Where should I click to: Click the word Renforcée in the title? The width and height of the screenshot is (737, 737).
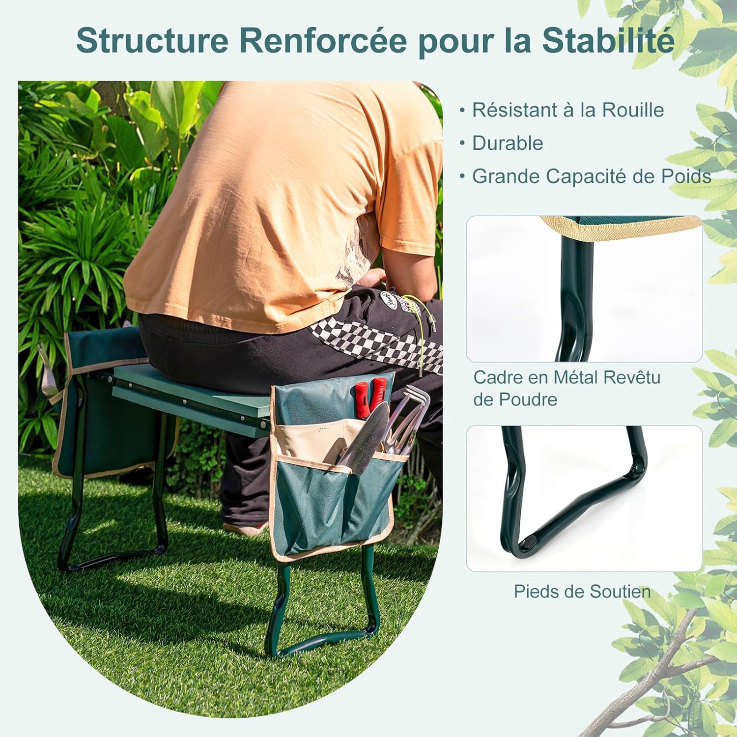[323, 41]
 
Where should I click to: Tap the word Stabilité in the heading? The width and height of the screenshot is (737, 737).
[608, 41]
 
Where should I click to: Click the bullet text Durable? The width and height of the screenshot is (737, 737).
[508, 143]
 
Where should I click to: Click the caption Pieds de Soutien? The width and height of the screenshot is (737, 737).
[582, 591]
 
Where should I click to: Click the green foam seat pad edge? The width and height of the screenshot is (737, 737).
[192, 393]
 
